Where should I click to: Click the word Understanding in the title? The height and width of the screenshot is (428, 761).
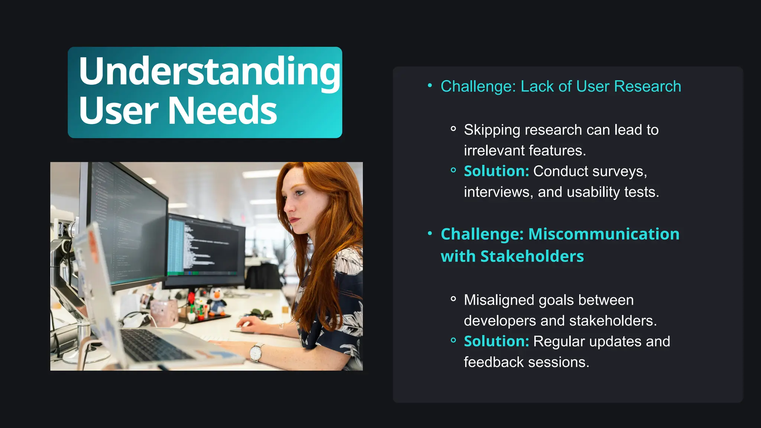tap(209, 71)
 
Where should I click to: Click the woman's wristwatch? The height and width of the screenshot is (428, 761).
tap(256, 352)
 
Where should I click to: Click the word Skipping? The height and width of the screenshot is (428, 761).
tap(492, 130)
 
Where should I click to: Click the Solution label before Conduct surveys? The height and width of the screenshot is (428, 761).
tap(496, 171)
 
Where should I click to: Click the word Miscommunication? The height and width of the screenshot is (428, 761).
tap(603, 234)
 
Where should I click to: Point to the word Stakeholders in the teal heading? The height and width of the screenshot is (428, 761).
tap(532, 256)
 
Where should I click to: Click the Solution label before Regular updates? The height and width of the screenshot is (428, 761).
tap(496, 341)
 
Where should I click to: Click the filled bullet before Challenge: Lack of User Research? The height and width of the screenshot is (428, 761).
tap(430, 86)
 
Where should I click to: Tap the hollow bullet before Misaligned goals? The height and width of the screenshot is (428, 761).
tap(453, 299)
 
